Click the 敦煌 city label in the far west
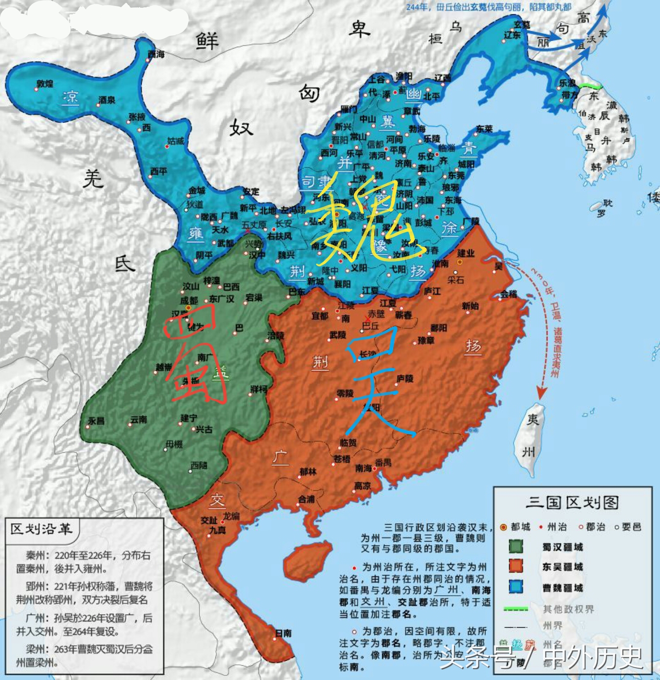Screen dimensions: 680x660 pyautogui.click(x=45, y=84)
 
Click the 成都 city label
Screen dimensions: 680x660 pyautogui.click(x=189, y=301)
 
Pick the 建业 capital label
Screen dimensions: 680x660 pyautogui.click(x=466, y=253)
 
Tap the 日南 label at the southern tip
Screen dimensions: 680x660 pyautogui.click(x=283, y=633)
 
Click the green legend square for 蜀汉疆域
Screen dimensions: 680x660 pyautogui.click(x=516, y=546)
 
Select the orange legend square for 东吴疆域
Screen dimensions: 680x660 pyautogui.click(x=516, y=566)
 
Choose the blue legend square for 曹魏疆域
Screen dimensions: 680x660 pyautogui.click(x=516, y=587)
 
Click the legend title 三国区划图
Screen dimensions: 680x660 pyautogui.click(x=572, y=502)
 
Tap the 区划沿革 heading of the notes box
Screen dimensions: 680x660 pyautogui.click(x=42, y=529)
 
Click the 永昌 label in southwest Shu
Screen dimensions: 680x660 pyautogui.click(x=96, y=421)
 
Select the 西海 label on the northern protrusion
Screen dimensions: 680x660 pyautogui.click(x=156, y=55)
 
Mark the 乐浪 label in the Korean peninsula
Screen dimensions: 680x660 pyautogui.click(x=567, y=83)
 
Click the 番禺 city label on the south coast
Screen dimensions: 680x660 pyautogui.click(x=383, y=463)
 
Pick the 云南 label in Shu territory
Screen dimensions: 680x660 pyautogui.click(x=138, y=420)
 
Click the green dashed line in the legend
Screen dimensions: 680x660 pyautogui.click(x=516, y=609)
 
